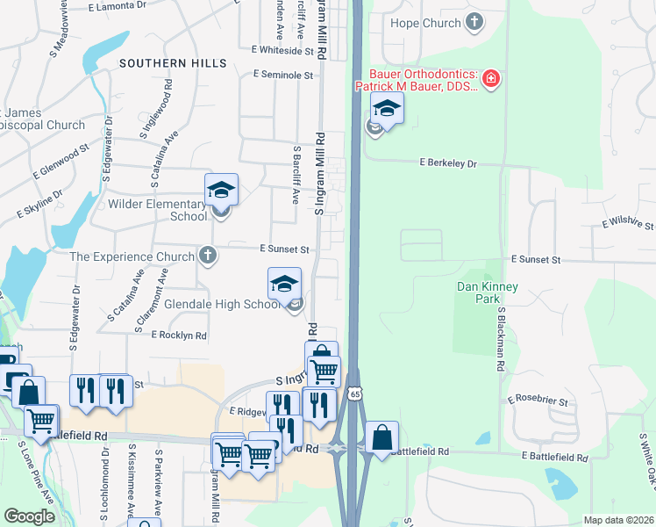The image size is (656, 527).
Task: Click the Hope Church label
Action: pyautogui.click(x=425, y=23)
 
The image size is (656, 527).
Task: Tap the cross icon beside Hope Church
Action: pyautogui.click(x=474, y=22)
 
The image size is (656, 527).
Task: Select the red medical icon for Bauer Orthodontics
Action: pyautogui.click(x=491, y=81)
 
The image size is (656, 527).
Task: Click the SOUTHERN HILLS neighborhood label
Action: pyautogui.click(x=173, y=63)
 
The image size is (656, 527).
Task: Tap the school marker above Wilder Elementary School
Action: pyautogui.click(x=222, y=190)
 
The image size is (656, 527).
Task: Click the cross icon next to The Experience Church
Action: pyautogui.click(x=207, y=256)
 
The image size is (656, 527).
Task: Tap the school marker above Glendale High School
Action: pyautogui.click(x=284, y=284)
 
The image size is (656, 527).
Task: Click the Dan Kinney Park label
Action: pyautogui.click(x=488, y=292)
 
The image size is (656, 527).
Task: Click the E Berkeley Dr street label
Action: pyautogui.click(x=448, y=163)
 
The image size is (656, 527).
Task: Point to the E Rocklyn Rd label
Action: pyautogui.click(x=179, y=335)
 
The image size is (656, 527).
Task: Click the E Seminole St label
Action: pyautogui.click(x=283, y=76)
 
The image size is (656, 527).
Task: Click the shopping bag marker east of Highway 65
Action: pyautogui.click(x=381, y=437)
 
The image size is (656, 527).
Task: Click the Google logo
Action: pyautogui.click(x=30, y=516)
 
